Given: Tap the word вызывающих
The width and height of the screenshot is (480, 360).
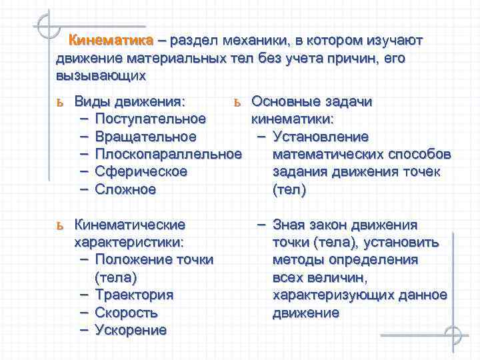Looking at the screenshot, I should [100, 75].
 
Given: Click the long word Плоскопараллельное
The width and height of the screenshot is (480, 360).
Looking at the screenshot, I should [168, 154].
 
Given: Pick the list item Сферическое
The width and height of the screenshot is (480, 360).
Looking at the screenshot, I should [141, 171].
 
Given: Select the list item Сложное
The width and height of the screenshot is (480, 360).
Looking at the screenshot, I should [125, 189].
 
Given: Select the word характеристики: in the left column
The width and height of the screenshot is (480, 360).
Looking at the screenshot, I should [129, 242].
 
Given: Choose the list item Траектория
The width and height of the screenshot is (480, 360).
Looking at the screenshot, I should [134, 294].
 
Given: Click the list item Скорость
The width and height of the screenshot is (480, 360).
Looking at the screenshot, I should [126, 312].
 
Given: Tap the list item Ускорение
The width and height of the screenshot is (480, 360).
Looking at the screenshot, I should [131, 329].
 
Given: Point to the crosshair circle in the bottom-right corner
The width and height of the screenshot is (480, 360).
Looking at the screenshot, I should [454, 335].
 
